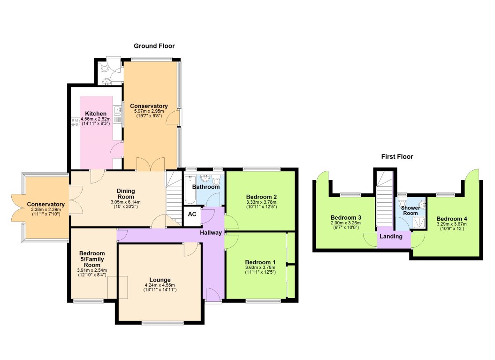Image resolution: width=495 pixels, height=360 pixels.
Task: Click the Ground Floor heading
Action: point(154,46)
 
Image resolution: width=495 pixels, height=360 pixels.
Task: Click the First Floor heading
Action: point(397,157)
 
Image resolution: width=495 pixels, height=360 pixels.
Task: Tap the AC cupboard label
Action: point(191,214)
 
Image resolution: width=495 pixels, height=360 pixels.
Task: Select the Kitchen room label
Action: point(96,114)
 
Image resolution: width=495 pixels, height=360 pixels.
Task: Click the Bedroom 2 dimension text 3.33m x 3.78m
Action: point(261,202)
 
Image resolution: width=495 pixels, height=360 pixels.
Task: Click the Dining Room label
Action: point(125,193)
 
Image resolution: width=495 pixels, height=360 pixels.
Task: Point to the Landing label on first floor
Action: point(391,237)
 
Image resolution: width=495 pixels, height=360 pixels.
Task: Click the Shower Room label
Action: point(411,210)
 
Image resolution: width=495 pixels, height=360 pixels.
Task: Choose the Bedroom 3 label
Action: point(346,218)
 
